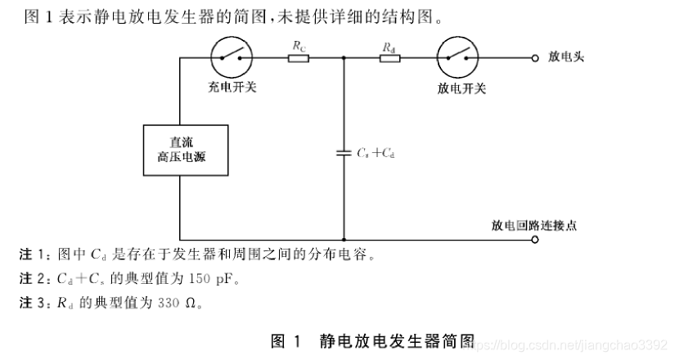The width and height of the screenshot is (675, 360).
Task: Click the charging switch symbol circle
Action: pos(231,57)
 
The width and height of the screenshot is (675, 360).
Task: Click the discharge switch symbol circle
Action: pos(457,57)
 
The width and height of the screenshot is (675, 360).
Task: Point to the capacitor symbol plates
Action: pos(344,153)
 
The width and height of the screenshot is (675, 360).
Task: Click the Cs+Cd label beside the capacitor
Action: pos(376,153)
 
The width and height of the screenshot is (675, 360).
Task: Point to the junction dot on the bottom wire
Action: pos(344,239)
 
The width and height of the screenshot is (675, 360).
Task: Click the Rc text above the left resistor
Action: pos(299,46)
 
